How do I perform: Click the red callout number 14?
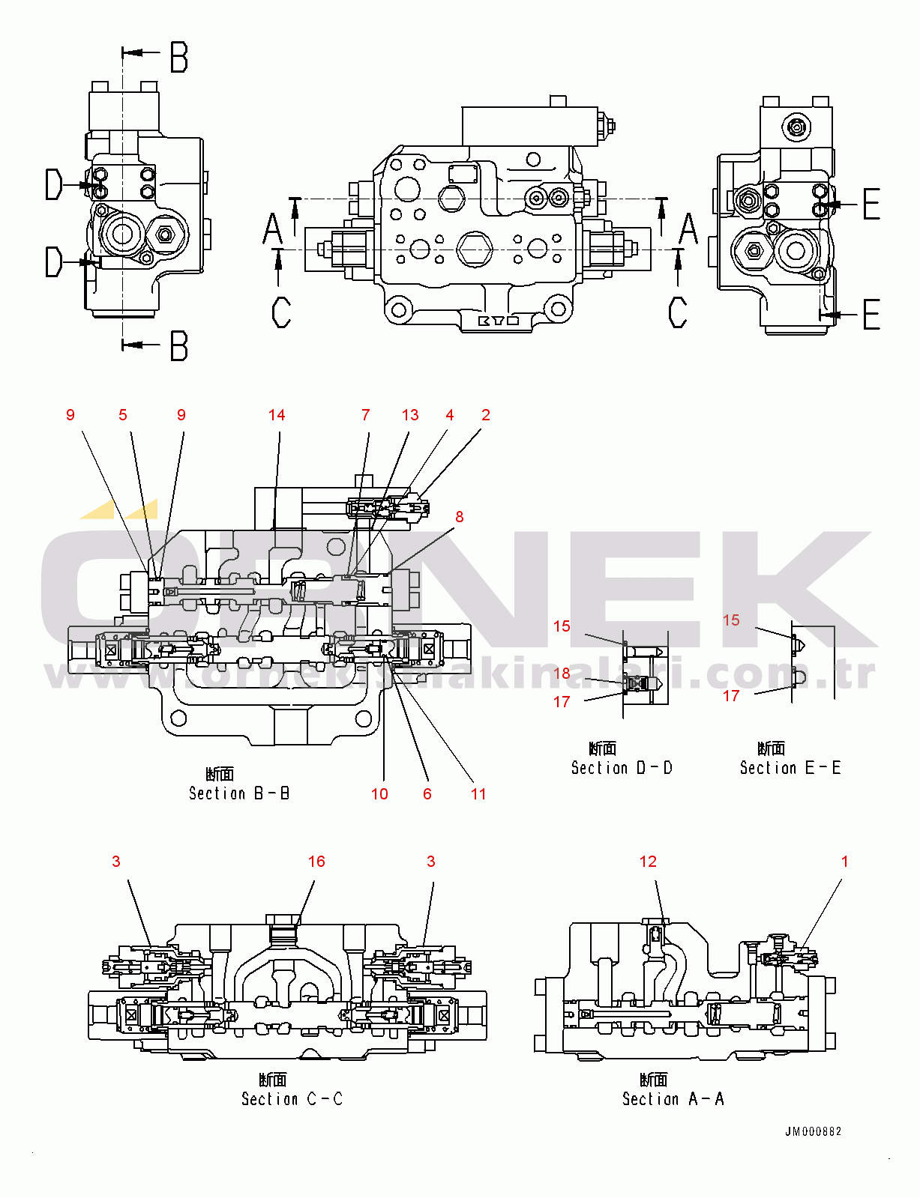coord(277,415)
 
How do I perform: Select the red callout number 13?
coord(410,415)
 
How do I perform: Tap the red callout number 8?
coord(460,517)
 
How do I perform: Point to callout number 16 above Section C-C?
coord(316,862)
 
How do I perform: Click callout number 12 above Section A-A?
coord(648,862)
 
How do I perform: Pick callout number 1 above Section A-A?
coord(844,862)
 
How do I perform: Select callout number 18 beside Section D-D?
coord(562,673)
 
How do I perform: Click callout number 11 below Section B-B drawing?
coord(478,794)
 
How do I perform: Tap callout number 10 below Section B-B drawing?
coord(379,794)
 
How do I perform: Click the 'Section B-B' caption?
coord(239,793)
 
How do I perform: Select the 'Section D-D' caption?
coord(622,767)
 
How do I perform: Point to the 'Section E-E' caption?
coord(790,767)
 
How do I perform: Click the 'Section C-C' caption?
coord(292,1098)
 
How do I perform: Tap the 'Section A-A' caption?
coord(673,1098)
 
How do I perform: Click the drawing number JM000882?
coord(813,1131)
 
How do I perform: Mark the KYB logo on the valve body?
coord(499,321)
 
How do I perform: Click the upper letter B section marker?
coord(178,57)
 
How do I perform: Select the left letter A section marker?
coord(273,229)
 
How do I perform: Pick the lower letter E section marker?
coord(871,315)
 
